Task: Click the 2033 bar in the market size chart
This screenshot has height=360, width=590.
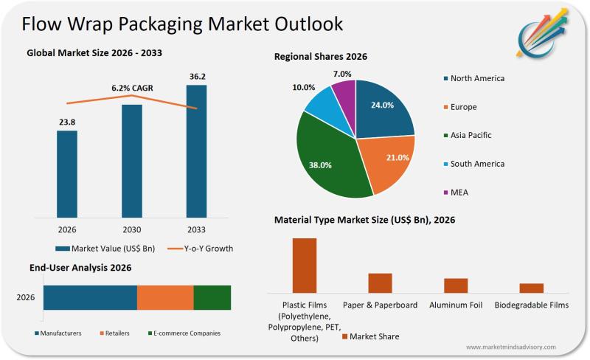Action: [x=196, y=150]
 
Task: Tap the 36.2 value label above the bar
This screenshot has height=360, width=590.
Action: [x=196, y=76]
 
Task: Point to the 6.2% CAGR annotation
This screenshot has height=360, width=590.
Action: [x=131, y=88]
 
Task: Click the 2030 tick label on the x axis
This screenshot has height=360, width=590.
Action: [x=131, y=229]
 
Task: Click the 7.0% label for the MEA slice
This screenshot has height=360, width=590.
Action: [x=342, y=74]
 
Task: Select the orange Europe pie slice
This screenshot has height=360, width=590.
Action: [x=387, y=167]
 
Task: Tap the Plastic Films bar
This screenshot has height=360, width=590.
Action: [x=305, y=266]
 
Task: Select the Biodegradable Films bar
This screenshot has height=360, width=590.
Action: [x=531, y=288]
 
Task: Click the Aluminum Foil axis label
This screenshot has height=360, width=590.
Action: [x=456, y=305]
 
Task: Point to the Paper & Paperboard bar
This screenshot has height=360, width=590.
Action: [x=380, y=283]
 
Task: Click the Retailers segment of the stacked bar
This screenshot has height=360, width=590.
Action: [x=165, y=297]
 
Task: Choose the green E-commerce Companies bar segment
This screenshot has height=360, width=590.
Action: [x=212, y=297]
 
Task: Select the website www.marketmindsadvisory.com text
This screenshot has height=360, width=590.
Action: [x=511, y=347]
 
